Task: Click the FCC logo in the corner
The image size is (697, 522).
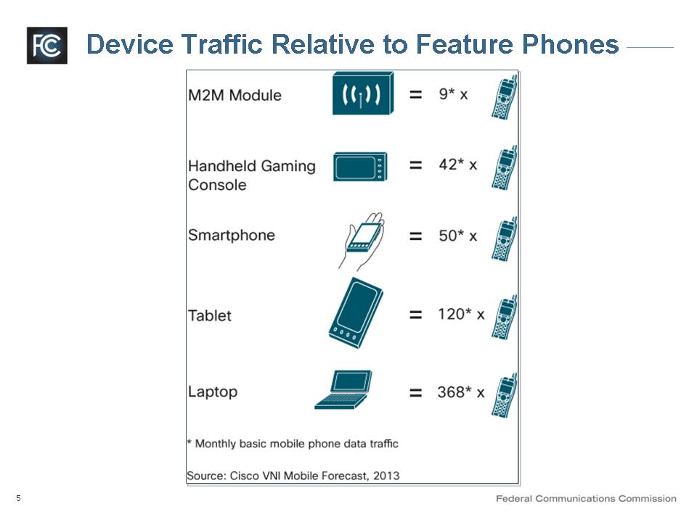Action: (x=47, y=45)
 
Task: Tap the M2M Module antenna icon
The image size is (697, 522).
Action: (x=363, y=94)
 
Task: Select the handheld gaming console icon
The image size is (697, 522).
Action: (x=361, y=167)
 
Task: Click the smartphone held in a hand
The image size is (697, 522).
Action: (x=362, y=241)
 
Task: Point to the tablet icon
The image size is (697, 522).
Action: (x=356, y=313)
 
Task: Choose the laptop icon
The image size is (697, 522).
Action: (x=343, y=390)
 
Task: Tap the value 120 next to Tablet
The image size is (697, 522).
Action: (x=451, y=314)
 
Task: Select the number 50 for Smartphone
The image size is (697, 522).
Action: (x=448, y=236)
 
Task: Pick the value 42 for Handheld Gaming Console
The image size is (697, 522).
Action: (x=448, y=165)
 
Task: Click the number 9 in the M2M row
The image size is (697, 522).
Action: (x=443, y=94)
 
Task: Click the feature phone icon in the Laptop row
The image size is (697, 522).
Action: (x=505, y=395)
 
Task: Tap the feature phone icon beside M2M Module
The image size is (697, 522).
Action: (x=505, y=97)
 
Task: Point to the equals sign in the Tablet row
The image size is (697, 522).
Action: (x=415, y=315)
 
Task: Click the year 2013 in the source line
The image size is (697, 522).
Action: (x=386, y=476)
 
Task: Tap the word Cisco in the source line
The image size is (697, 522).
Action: (x=245, y=476)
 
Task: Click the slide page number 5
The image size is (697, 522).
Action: (x=18, y=498)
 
